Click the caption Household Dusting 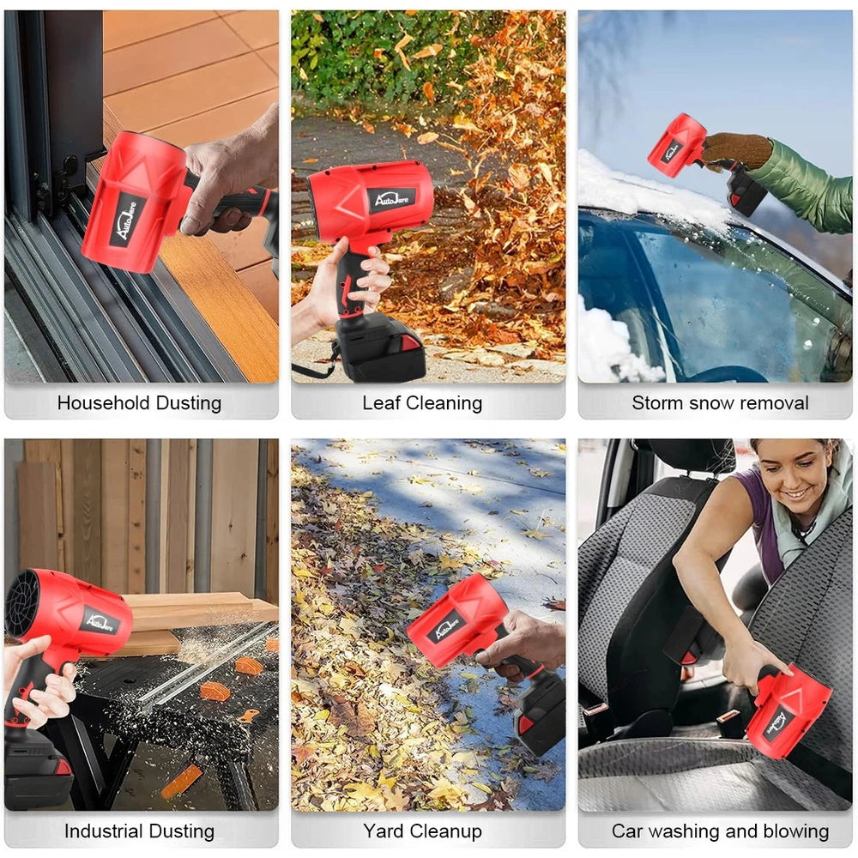[x=139, y=402]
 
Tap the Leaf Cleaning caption [x=422, y=402]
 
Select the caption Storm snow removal [x=720, y=402]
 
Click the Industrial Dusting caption [x=139, y=831]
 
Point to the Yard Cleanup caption [x=422, y=831]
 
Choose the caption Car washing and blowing [x=720, y=831]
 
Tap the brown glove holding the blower [x=736, y=151]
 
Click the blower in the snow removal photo [x=678, y=146]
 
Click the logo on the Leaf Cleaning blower [x=392, y=199]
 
